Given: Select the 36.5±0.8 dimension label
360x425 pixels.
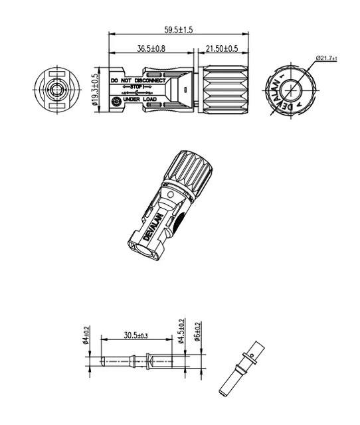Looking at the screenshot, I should tap(151, 48).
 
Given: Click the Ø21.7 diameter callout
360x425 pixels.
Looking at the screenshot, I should tap(326, 58).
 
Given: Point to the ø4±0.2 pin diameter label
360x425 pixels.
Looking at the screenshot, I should tap(87, 333).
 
